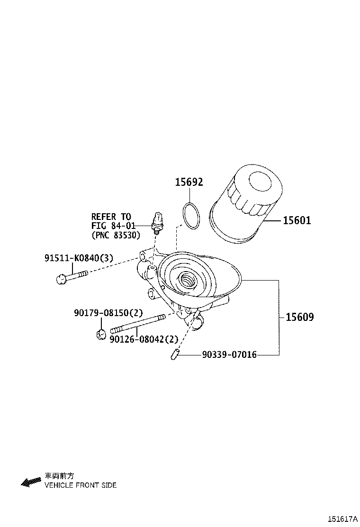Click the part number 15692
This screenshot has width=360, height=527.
pyautogui.click(x=189, y=182)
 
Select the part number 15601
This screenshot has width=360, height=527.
pyautogui.click(x=297, y=220)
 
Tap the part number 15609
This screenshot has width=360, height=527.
pyautogui.click(x=299, y=317)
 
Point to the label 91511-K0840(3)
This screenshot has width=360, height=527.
pyautogui.click(x=79, y=258)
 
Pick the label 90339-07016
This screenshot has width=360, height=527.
pyautogui.click(x=229, y=354)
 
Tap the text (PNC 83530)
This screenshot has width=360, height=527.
pyautogui.click(x=116, y=235)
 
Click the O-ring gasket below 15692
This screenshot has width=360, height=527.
pyautogui.click(x=191, y=216)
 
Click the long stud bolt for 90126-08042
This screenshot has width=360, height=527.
pyautogui.click(x=137, y=324)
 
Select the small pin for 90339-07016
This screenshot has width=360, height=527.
pyautogui.click(x=174, y=354)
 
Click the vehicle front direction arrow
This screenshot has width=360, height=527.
pyautogui.click(x=31, y=482)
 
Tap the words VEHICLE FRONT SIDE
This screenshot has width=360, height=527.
pyautogui.click(x=81, y=485)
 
